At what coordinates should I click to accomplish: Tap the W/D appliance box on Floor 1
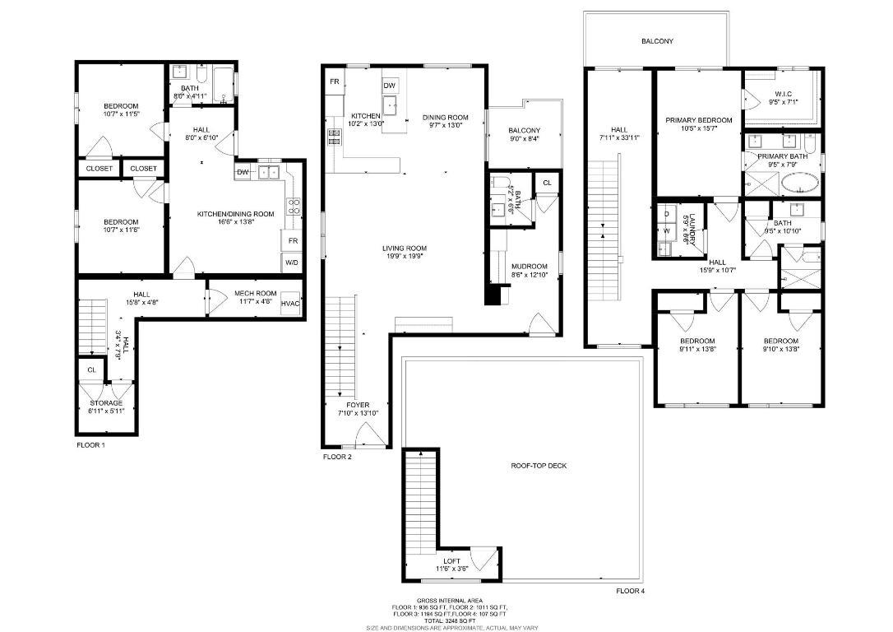(x=292, y=263)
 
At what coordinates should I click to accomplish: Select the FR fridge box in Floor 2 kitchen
(x=335, y=81)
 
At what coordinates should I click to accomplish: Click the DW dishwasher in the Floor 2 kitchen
(x=389, y=86)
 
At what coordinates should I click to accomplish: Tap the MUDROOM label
(x=529, y=267)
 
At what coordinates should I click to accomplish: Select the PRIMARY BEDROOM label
(x=698, y=120)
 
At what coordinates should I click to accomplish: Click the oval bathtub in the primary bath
(x=799, y=184)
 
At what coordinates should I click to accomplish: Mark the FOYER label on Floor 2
(x=358, y=405)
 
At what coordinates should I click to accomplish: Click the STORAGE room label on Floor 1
(x=106, y=402)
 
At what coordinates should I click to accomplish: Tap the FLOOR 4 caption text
(x=631, y=591)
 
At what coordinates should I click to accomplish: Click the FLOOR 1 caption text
(x=90, y=444)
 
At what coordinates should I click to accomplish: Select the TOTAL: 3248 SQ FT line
(x=449, y=620)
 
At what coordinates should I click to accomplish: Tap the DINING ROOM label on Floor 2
(x=446, y=118)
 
